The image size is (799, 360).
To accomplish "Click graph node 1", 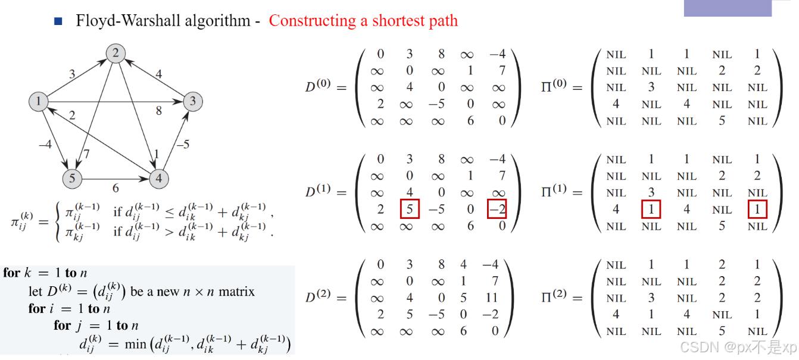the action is click(x=39, y=102).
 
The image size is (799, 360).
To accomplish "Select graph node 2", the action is click(x=116, y=54).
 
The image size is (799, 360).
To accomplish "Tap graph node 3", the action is click(x=192, y=102).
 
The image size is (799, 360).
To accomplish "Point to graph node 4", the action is click(x=159, y=179).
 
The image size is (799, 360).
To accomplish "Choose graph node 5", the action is click(x=71, y=179).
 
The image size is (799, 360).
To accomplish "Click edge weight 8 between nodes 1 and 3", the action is click(x=159, y=111).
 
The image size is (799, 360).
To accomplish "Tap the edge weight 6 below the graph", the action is click(x=116, y=188).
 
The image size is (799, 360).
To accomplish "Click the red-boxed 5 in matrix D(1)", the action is click(x=410, y=209).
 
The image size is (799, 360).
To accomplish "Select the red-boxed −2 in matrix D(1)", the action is click(x=497, y=209).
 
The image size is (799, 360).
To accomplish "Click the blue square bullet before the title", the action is click(x=58, y=21).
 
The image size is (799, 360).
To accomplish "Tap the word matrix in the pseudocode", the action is click(x=236, y=292).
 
